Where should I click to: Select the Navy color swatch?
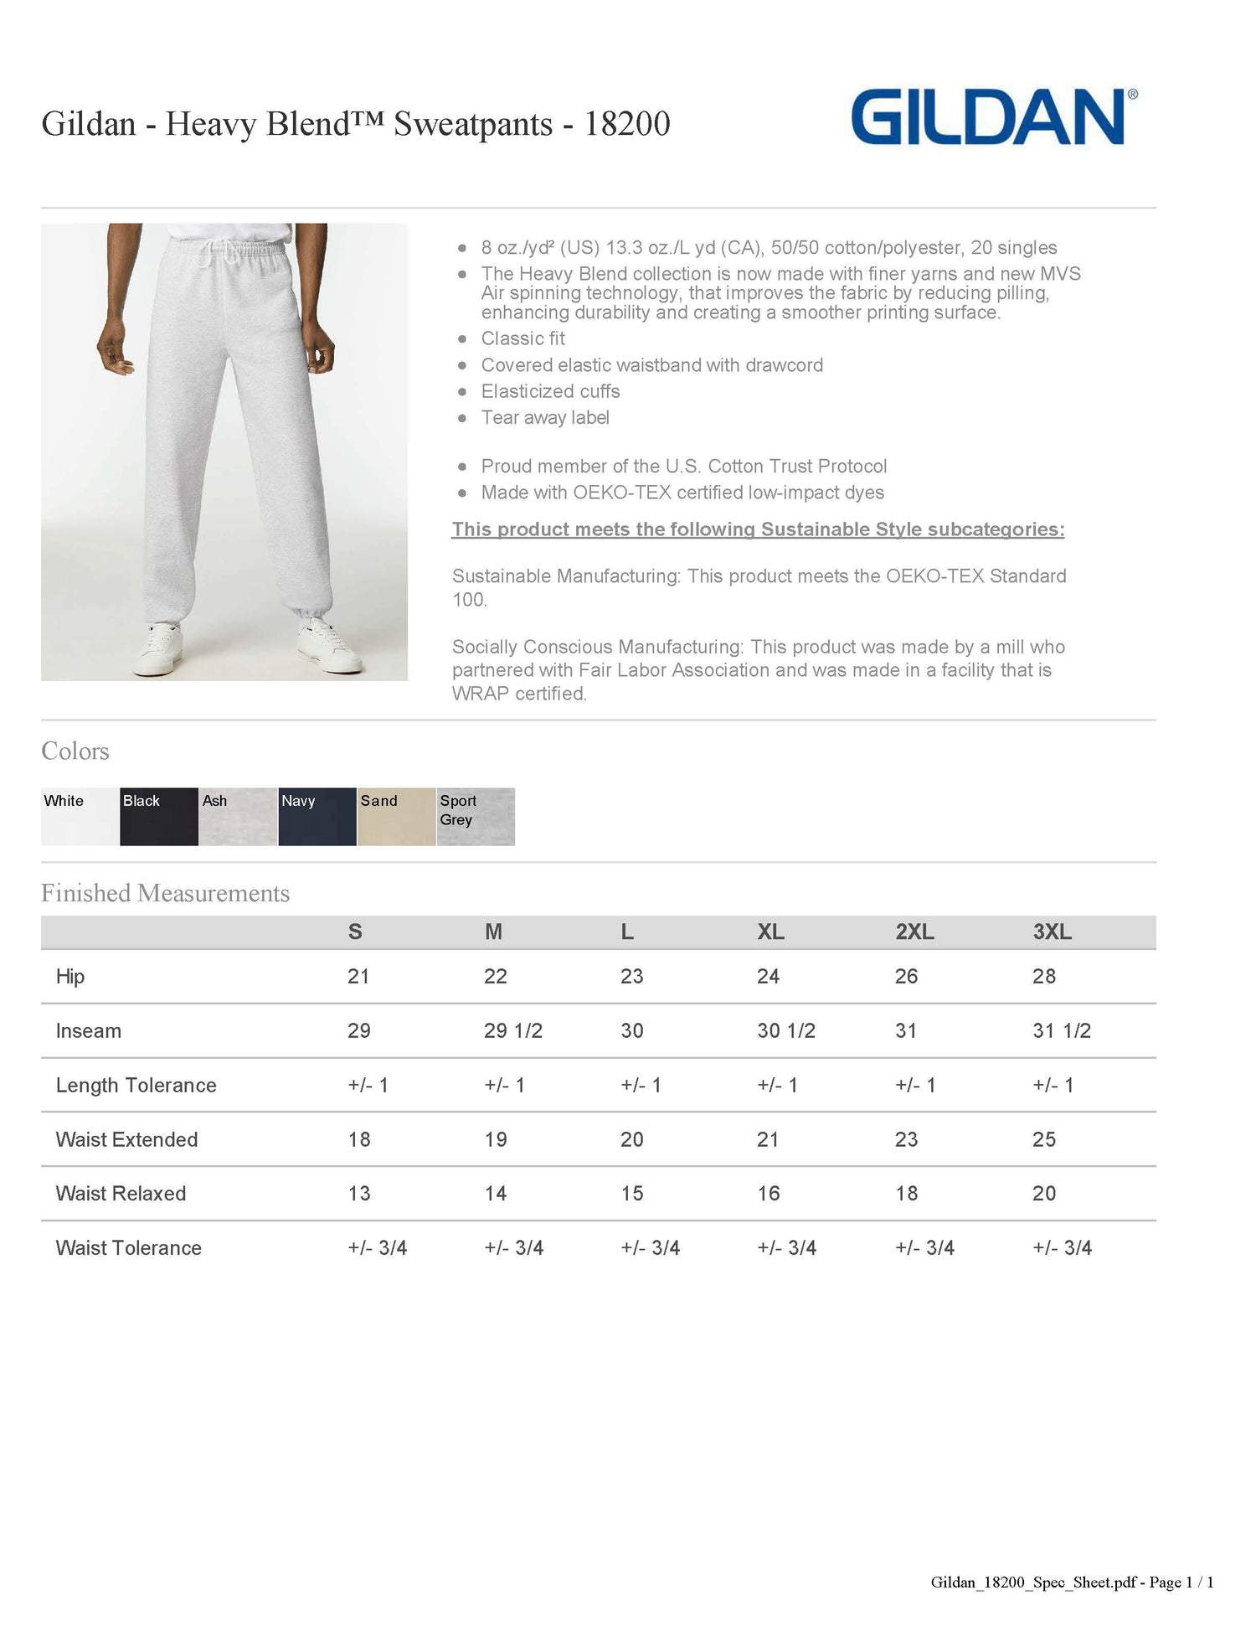317,816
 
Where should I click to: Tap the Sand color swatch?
396,816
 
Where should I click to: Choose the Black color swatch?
159,816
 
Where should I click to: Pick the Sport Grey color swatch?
476,816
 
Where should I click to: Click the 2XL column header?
914,932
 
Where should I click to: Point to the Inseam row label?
89,1030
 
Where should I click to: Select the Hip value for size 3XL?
1044,976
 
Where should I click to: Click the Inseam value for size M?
512,1030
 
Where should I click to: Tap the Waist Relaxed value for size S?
359,1193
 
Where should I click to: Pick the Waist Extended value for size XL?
768,1139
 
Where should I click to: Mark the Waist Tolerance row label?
129,1247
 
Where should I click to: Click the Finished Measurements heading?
166,893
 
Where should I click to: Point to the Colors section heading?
75,751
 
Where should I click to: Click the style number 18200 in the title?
627,124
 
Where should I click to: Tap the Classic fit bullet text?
523,338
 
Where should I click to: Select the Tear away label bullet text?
545,417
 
